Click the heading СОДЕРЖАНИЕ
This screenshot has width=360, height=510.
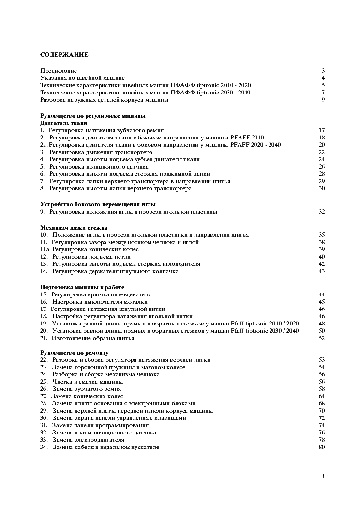click(x=64, y=55)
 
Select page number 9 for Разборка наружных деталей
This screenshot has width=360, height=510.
click(x=322, y=100)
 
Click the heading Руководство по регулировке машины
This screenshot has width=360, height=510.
click(x=92, y=116)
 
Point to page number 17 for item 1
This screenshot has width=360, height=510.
click(x=321, y=130)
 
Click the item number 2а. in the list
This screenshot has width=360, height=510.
click(x=44, y=145)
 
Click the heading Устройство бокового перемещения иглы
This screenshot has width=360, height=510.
click(x=98, y=204)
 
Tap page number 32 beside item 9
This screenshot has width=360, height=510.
click(x=321, y=212)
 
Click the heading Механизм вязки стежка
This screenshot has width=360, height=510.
click(x=74, y=228)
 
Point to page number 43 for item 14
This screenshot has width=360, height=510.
click(x=321, y=271)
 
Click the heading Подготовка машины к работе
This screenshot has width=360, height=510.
click(x=82, y=287)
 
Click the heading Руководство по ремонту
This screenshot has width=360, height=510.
click(x=74, y=353)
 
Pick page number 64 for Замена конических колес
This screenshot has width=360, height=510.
click(x=321, y=396)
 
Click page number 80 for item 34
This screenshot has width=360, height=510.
click(x=321, y=447)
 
